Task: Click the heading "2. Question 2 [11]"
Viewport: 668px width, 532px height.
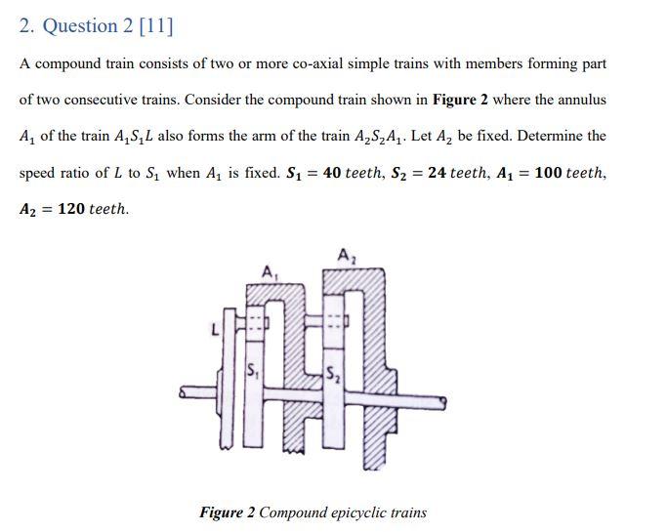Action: (96, 26)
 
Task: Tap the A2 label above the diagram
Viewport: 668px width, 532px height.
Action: (345, 256)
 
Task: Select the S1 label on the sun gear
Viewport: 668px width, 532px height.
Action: (253, 371)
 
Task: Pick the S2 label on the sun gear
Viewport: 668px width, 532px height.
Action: (334, 372)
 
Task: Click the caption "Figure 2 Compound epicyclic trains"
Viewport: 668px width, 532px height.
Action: (313, 512)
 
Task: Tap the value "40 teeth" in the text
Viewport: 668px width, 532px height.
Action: (355, 173)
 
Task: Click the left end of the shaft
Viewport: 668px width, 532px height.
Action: (184, 394)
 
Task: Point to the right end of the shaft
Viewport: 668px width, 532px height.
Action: (444, 399)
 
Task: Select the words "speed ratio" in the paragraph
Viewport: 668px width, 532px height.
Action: (54, 173)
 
